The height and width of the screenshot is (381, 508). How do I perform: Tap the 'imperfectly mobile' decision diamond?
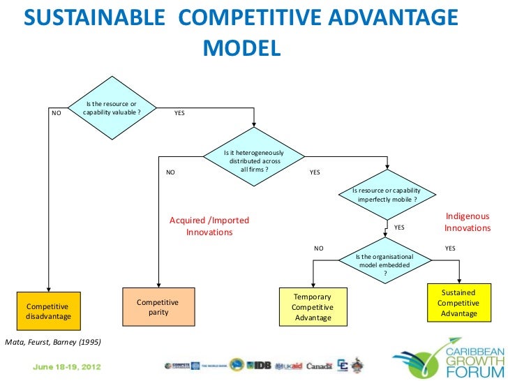tap(387, 194)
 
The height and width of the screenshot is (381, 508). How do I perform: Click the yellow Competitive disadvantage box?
tap(48, 311)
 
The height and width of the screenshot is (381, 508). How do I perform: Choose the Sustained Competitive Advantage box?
tap(458, 304)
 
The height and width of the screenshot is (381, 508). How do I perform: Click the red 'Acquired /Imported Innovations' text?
tap(209, 226)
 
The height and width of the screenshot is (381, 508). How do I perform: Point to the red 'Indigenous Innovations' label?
tap(468, 223)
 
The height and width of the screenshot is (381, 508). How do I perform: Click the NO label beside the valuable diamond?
tap(57, 112)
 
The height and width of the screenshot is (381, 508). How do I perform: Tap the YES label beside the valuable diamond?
tap(179, 112)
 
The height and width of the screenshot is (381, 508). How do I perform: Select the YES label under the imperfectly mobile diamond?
tap(399, 227)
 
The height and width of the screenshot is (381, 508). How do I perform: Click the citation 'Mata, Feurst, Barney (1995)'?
tap(53, 342)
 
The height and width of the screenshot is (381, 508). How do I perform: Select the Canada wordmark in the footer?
tap(319, 366)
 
